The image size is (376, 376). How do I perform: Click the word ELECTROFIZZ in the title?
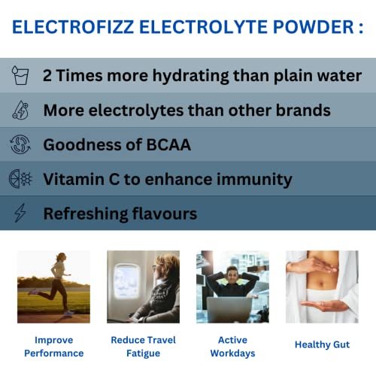point(73,27)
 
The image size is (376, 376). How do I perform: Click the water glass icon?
point(20,75)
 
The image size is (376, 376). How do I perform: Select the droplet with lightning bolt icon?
point(20,110)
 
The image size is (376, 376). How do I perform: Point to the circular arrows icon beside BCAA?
point(20,144)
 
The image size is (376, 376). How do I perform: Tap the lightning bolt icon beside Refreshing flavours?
point(20,213)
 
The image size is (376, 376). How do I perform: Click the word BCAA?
point(168,145)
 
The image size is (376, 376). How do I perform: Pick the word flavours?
point(165,214)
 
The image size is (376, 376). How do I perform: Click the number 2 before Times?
point(47,75)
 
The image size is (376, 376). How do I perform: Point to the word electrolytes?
point(136,111)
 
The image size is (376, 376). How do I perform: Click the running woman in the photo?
point(54,284)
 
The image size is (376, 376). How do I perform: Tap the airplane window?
point(126,280)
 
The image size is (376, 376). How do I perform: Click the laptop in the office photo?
point(229,310)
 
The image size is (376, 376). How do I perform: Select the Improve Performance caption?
point(54,347)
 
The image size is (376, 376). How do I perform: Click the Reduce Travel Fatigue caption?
point(144,347)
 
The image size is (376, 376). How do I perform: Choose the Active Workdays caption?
point(232,347)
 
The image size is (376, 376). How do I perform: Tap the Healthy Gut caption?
point(322,344)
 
